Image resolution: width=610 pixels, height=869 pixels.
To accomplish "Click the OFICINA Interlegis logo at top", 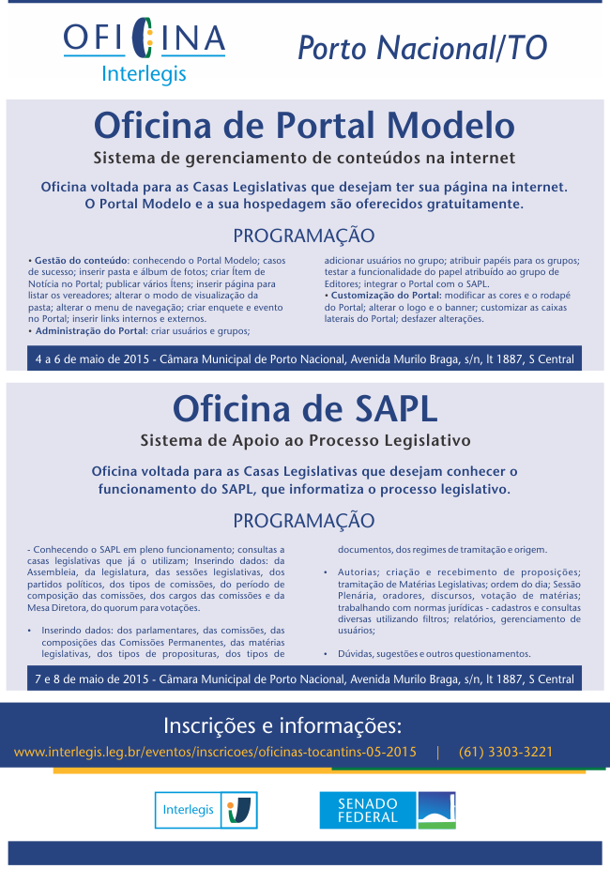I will point(144,51).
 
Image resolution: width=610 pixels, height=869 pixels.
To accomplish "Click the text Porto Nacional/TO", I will point(422,47).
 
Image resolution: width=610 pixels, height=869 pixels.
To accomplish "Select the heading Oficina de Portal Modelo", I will point(304,125).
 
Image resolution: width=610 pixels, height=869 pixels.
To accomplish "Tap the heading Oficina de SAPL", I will point(304,408).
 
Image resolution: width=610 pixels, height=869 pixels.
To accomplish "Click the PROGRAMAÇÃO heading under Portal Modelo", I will point(304,236).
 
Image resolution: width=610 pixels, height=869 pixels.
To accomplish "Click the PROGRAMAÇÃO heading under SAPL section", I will point(304,520).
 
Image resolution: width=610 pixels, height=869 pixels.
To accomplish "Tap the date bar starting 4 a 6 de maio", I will point(304,358).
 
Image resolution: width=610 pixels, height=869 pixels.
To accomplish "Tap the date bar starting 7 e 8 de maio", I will point(304,678).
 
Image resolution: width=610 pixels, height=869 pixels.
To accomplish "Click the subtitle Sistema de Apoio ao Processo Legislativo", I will point(304,439).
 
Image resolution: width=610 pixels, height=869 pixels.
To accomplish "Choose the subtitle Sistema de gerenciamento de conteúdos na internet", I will point(304,156).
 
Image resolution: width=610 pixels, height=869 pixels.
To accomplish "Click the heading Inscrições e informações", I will point(282,724).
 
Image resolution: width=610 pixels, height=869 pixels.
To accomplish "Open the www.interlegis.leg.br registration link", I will point(215,752).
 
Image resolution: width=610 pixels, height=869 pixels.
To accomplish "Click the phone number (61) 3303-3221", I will point(506,752).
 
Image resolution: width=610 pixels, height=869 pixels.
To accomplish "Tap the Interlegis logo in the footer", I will point(206,809).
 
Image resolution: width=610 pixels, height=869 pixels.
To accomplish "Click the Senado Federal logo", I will point(388,810).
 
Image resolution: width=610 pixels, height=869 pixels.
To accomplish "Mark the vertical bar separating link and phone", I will point(437,752).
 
